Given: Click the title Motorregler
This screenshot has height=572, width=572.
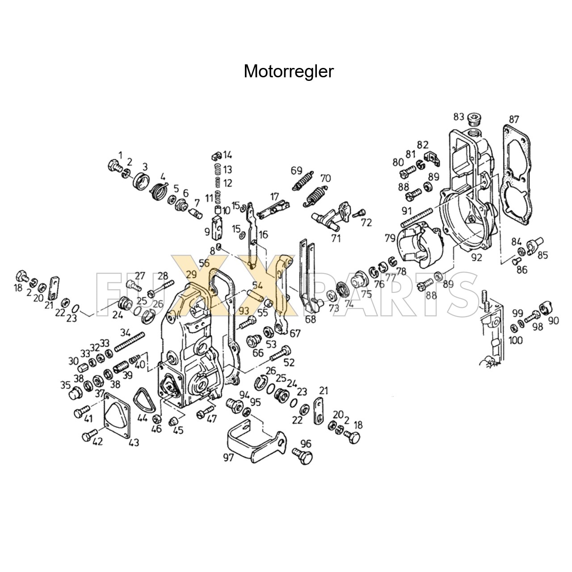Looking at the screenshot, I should click(x=288, y=71).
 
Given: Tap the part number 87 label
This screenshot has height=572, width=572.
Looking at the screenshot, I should click(x=514, y=119).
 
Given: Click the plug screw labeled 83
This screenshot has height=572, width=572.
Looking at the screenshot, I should click(x=474, y=120).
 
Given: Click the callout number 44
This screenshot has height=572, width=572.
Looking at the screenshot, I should click(x=142, y=418).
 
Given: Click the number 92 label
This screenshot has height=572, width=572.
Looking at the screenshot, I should click(x=476, y=257).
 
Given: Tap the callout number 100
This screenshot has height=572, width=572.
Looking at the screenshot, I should click(x=516, y=341).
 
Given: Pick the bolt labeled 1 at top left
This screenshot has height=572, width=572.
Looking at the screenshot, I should click(x=114, y=166).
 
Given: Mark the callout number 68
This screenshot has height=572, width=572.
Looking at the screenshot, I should click(x=310, y=319).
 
